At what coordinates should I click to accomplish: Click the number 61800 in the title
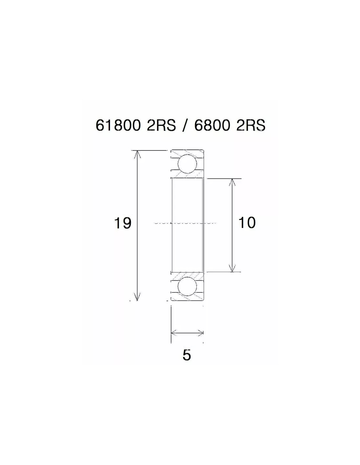[118, 125]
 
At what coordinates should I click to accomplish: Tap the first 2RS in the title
[161, 125]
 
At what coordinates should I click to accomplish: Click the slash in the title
[185, 126]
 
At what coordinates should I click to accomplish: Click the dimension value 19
[122, 223]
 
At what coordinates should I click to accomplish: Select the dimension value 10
[247, 222]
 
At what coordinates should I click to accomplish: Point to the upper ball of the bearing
[187, 164]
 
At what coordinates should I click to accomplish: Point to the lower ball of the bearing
[187, 287]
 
